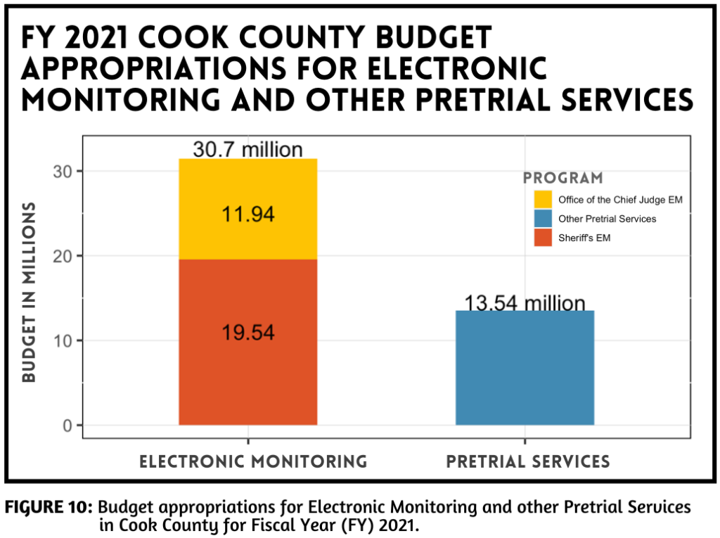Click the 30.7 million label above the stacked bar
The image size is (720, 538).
pos(247,150)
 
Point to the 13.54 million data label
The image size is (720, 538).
pos(525,303)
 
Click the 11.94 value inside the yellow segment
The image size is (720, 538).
pos(247,214)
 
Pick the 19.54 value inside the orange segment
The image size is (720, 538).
pos(247,333)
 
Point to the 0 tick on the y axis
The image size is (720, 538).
pos(67,425)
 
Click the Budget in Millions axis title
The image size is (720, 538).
pos(29,292)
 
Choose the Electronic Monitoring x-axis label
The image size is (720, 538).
pos(253,461)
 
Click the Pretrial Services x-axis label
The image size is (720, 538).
pos(527,461)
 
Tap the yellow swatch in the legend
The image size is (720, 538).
pos(543,199)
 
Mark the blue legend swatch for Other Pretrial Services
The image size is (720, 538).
pos(543,219)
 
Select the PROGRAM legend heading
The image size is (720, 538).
pos(562,178)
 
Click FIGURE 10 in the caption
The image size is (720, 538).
pos(49,507)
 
